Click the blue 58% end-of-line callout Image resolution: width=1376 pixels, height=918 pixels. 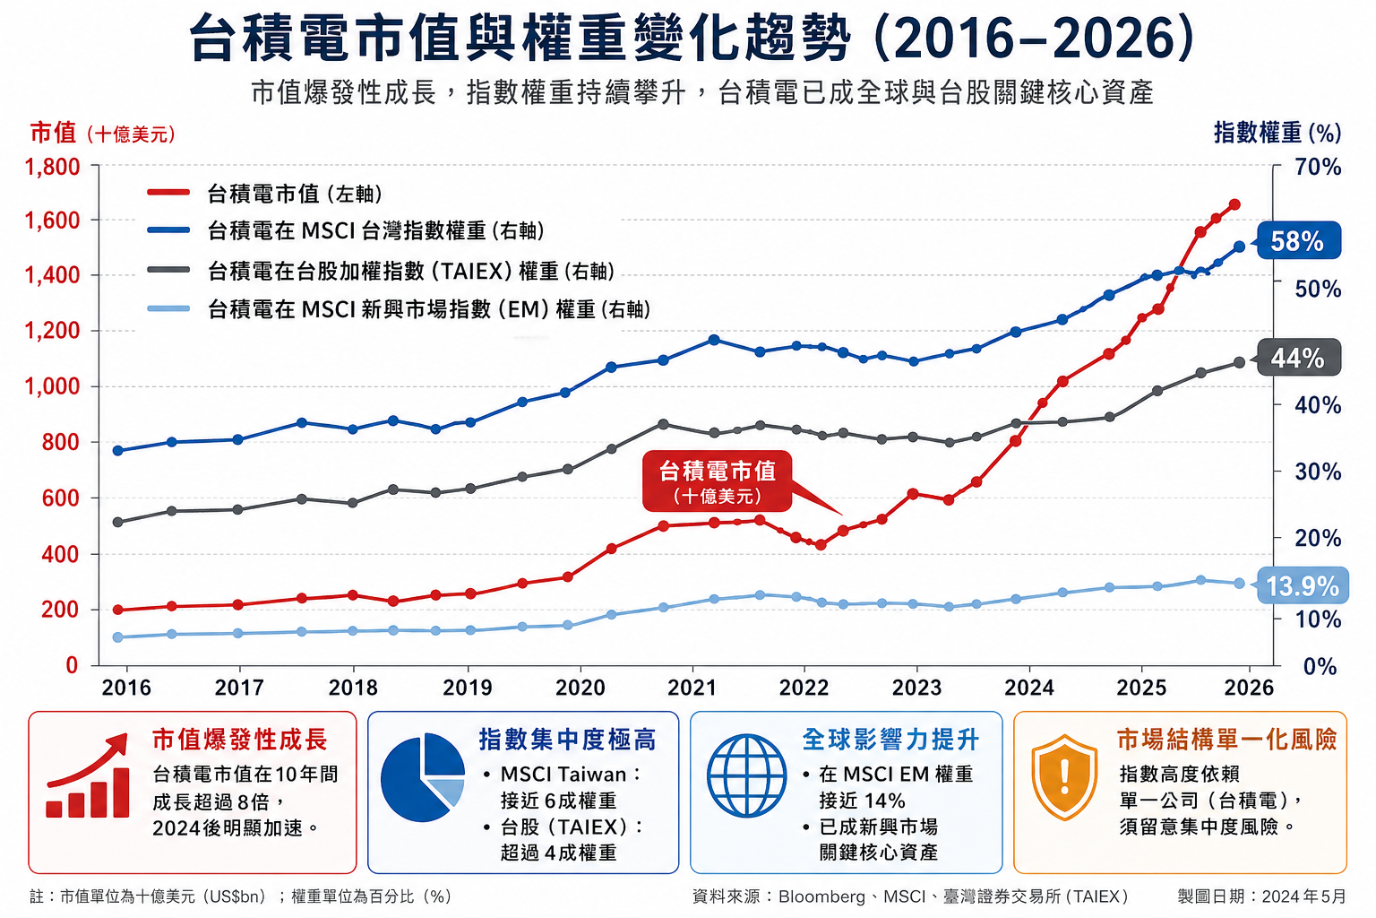pos(1298,241)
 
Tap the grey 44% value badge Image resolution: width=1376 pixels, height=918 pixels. pos(1298,358)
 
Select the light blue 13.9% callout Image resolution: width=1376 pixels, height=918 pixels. pos(1302,586)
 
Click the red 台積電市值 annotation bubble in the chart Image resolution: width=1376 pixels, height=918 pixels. pos(717,481)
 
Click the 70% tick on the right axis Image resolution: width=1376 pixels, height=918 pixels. pos(1318,167)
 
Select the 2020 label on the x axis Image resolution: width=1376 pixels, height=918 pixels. pos(580,688)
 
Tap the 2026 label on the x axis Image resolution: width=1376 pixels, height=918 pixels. pos(1248,688)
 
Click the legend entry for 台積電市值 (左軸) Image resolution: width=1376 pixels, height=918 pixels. pos(295,194)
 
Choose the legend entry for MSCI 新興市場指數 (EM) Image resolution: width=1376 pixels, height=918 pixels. pos(428,309)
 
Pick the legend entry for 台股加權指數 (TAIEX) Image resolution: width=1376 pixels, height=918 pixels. pos(410,271)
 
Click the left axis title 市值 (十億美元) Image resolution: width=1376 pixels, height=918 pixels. pos(102,134)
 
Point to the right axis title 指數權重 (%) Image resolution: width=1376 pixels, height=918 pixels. pos(1277,133)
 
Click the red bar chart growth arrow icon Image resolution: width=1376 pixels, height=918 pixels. pos(88,777)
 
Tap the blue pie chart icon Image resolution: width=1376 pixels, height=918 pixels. pos(423,777)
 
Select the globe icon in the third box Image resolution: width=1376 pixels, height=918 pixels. pos(746,776)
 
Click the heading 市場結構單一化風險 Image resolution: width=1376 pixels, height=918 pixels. pos(1225,740)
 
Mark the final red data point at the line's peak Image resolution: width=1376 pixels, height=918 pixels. pos(1234,204)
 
